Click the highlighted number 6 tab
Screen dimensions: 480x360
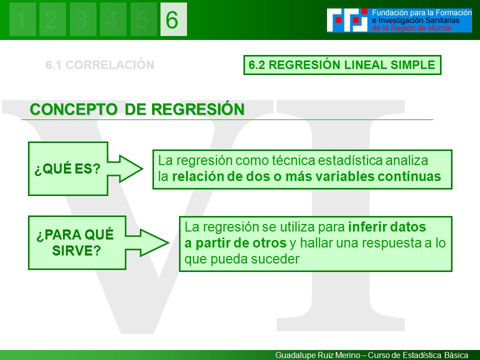pos(173,19)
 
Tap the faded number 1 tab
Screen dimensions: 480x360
pos(22,19)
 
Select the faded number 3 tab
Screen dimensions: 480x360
pos(83,19)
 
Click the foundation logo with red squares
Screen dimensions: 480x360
pos(347,20)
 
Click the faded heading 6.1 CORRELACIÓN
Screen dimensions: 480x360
pos(100,65)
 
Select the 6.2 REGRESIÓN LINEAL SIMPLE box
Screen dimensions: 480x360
pos(342,65)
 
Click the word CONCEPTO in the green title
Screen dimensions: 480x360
pos(73,109)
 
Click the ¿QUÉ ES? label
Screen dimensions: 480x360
pos(67,168)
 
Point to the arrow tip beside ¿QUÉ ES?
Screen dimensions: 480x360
pos(142,168)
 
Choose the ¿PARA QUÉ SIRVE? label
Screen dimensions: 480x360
pos(75,242)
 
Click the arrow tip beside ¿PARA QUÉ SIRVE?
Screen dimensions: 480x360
pos(169,243)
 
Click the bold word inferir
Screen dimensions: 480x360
pos(365,227)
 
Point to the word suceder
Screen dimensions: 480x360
pos(275,259)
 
